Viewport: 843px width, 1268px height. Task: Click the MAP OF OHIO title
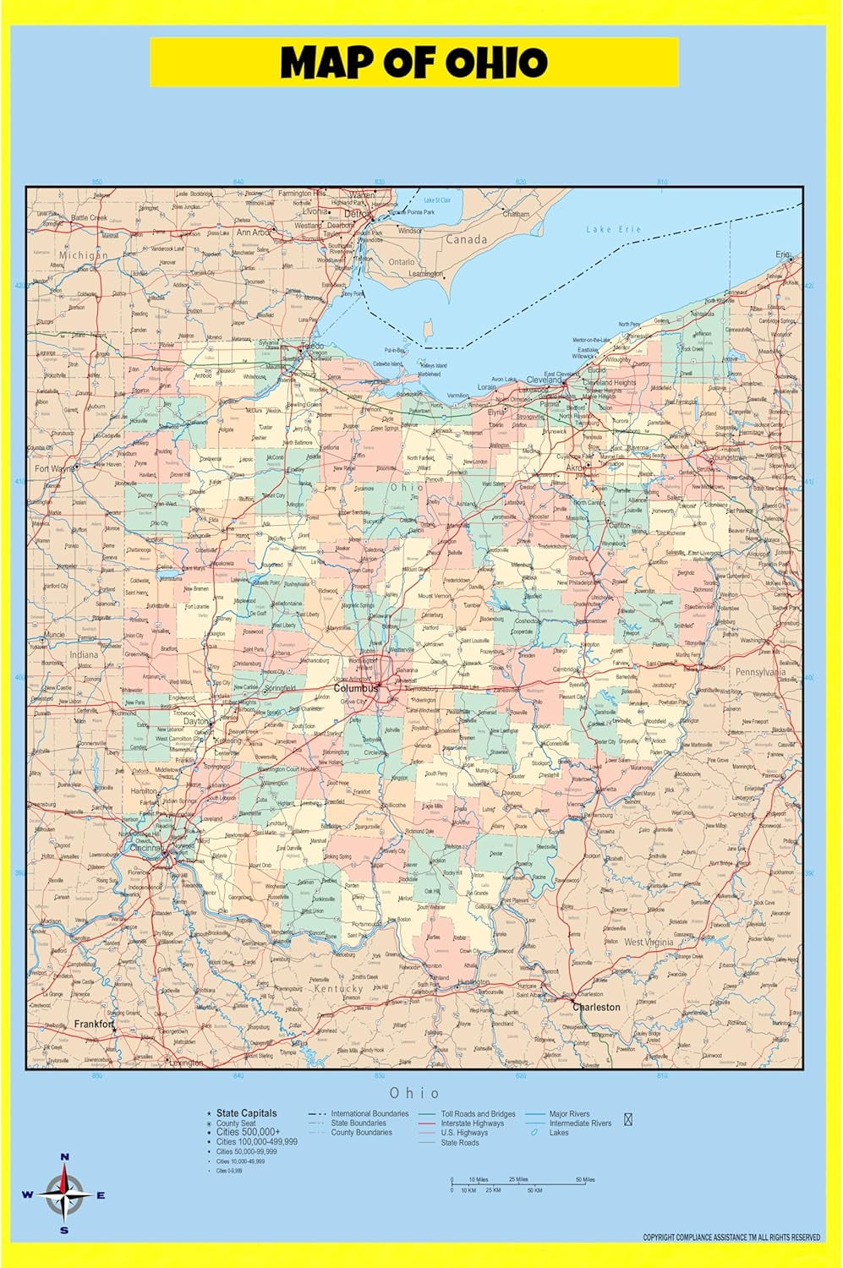[414, 63]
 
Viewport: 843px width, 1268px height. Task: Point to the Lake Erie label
[614, 229]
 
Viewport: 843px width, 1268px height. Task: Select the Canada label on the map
[466, 239]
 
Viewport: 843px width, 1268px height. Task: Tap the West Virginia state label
[649, 942]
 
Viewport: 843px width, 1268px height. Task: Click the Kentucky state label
[338, 987]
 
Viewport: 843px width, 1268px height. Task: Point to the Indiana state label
[84, 654]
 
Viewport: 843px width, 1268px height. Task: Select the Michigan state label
[83, 254]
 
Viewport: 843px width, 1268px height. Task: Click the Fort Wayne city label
[53, 467]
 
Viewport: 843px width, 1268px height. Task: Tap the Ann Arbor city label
[253, 232]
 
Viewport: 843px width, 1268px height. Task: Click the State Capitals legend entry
[246, 1113]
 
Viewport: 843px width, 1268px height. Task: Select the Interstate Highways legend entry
[472, 1123]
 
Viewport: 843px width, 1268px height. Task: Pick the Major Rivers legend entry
[569, 1114]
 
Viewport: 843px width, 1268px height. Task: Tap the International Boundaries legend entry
[369, 1114]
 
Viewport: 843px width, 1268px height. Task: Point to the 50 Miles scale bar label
[585, 1179]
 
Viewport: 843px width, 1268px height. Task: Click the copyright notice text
[731, 1238]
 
